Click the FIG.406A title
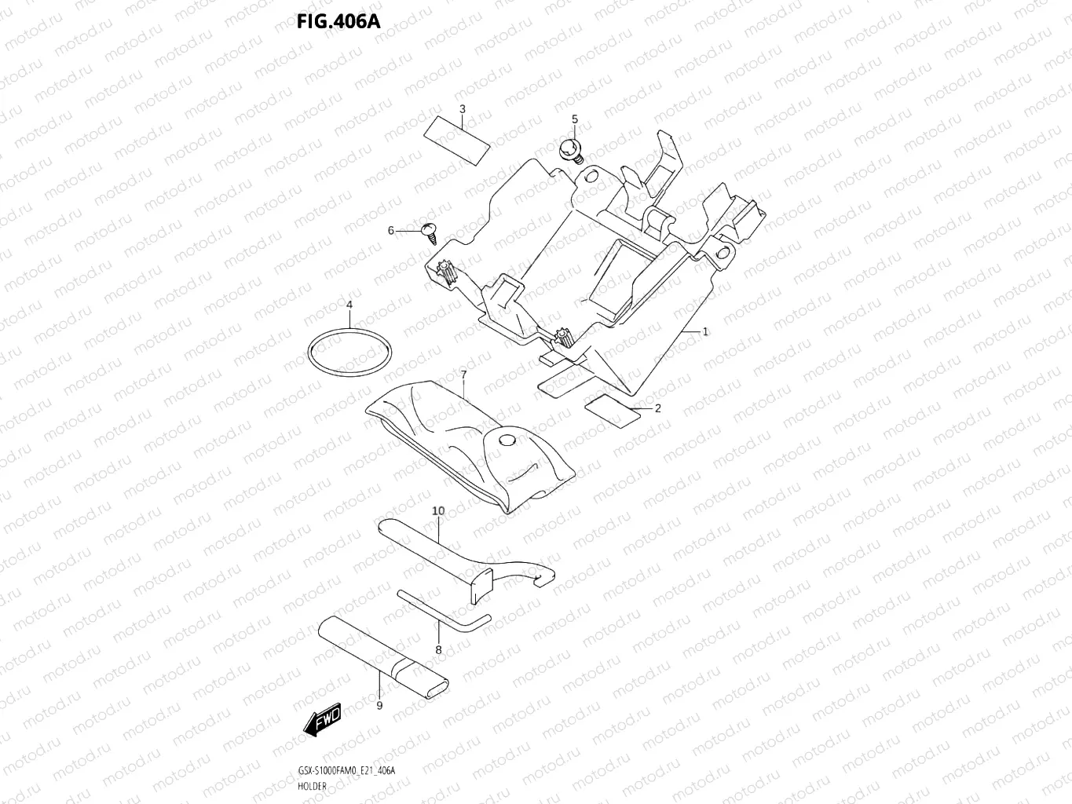coord(338,21)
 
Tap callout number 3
coord(463,108)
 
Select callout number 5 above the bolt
coord(574,119)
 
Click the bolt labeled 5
coord(569,148)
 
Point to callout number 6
coord(390,230)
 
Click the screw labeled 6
coord(430,229)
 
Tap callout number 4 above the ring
coord(349,304)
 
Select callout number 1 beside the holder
coord(705,331)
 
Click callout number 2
coord(657,407)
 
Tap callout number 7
coord(463,375)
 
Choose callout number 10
coord(438,510)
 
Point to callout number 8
coord(438,649)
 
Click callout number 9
coord(379,705)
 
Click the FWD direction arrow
coord(323,720)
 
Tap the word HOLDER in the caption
coord(313,786)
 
